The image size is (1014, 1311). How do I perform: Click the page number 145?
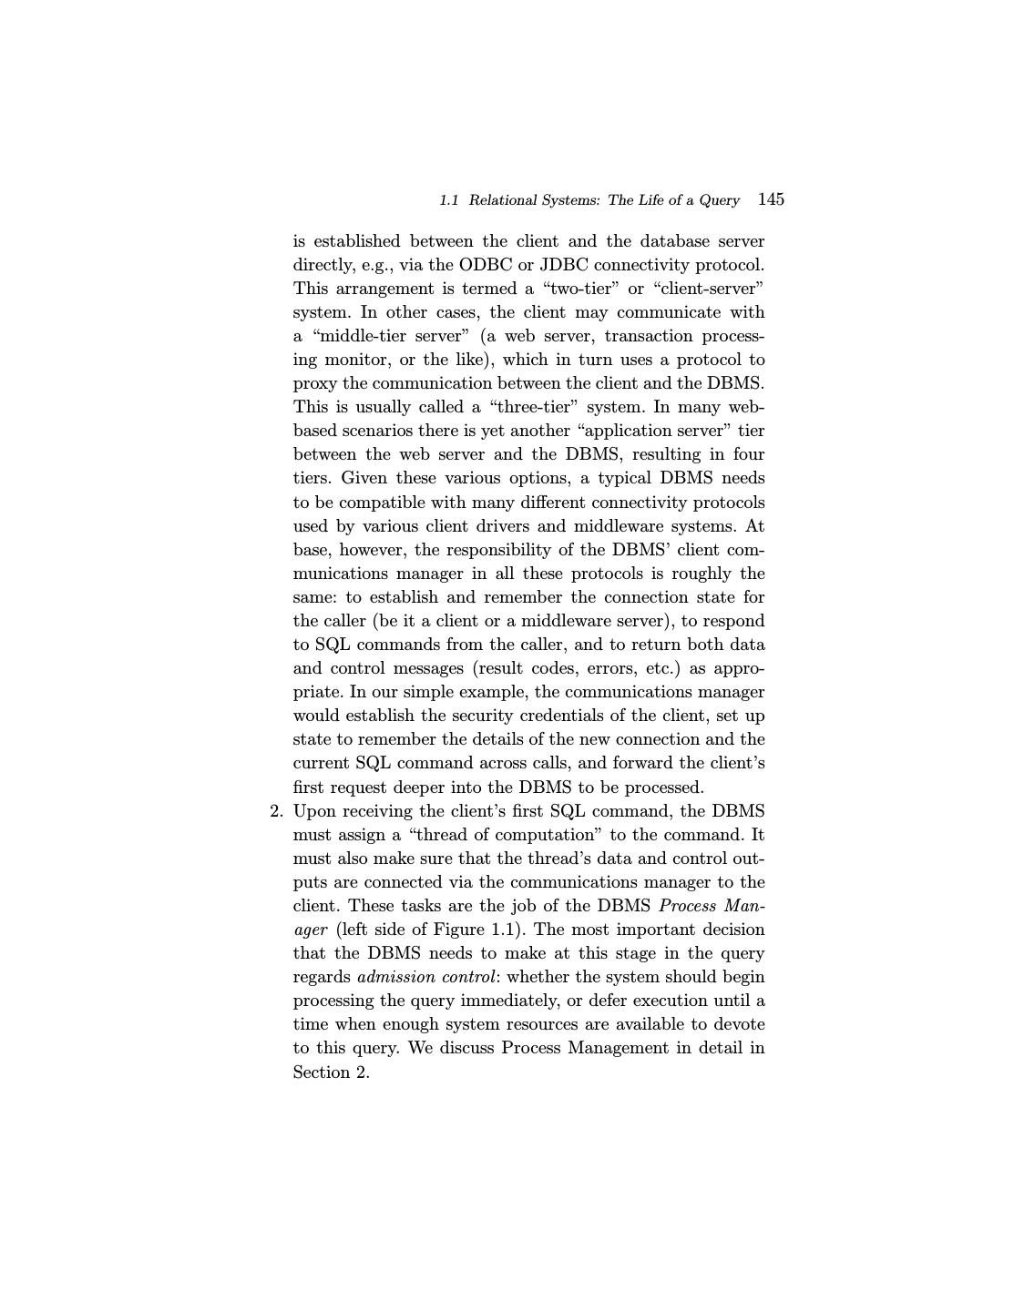tap(771, 199)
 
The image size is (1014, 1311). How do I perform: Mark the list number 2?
tap(276, 811)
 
